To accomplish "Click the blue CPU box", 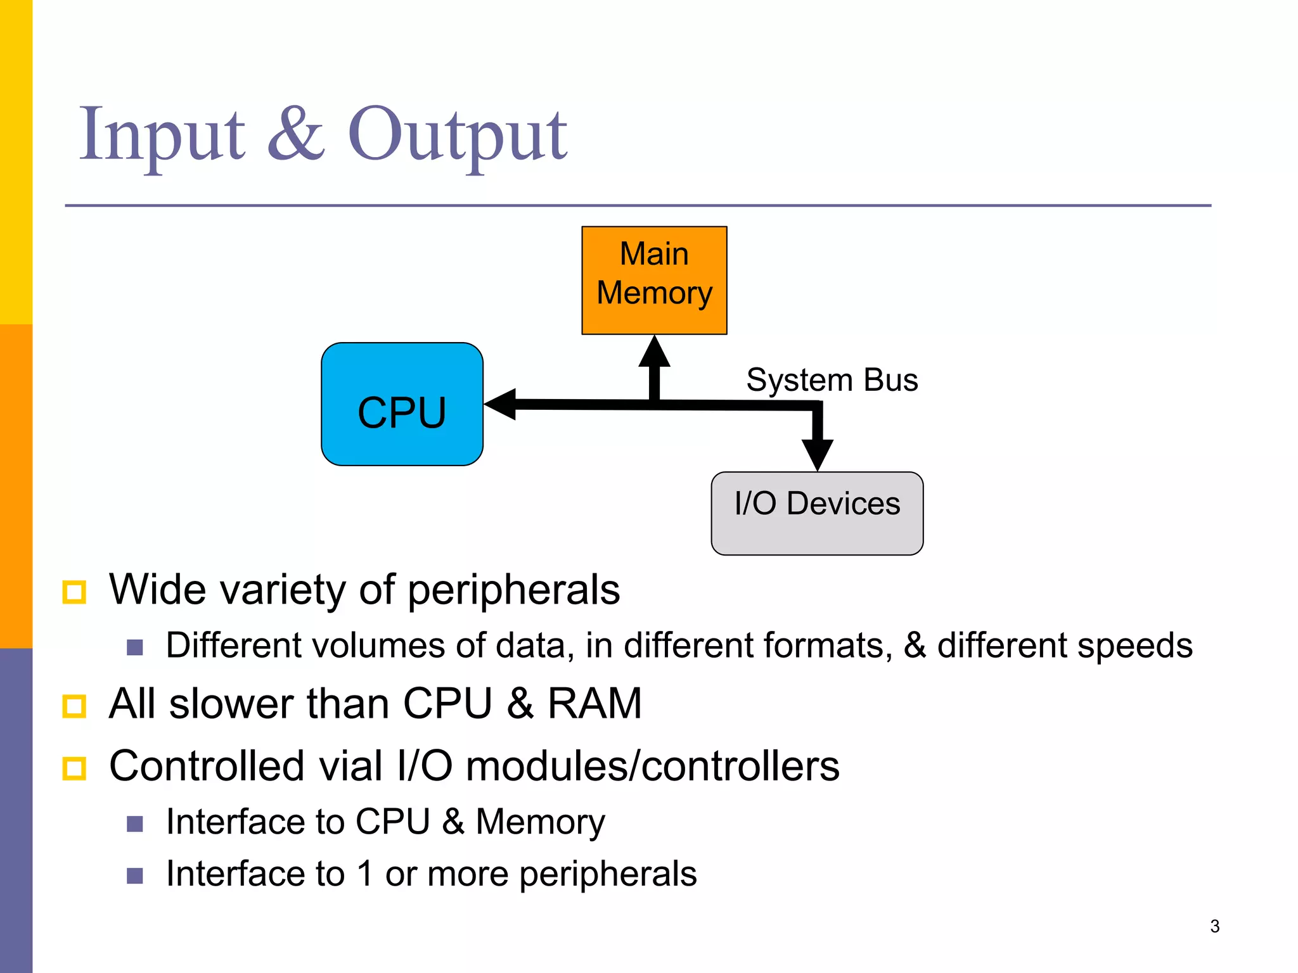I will pyautogui.click(x=402, y=404).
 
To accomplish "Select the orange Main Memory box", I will pyautogui.click(x=654, y=279).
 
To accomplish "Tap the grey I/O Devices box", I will pyautogui.click(x=816, y=513).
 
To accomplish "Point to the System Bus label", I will pyautogui.click(x=832, y=380).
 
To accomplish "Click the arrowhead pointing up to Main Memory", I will pyautogui.click(x=654, y=352).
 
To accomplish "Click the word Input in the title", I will pyautogui.click(x=162, y=134).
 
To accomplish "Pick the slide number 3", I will pyautogui.click(x=1214, y=926).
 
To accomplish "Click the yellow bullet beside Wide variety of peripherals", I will pyautogui.click(x=74, y=592).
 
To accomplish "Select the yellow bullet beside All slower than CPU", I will pyautogui.click(x=74, y=706).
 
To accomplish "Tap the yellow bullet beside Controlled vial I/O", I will pyautogui.click(x=74, y=768).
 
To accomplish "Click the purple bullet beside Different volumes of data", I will pyautogui.click(x=134, y=647).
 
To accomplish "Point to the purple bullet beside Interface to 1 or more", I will pyautogui.click(x=134, y=875).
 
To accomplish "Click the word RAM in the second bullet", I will pyautogui.click(x=594, y=703).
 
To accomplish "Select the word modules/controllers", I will pyautogui.click(x=652, y=766).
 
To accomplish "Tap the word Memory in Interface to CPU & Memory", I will pyautogui.click(x=540, y=822).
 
